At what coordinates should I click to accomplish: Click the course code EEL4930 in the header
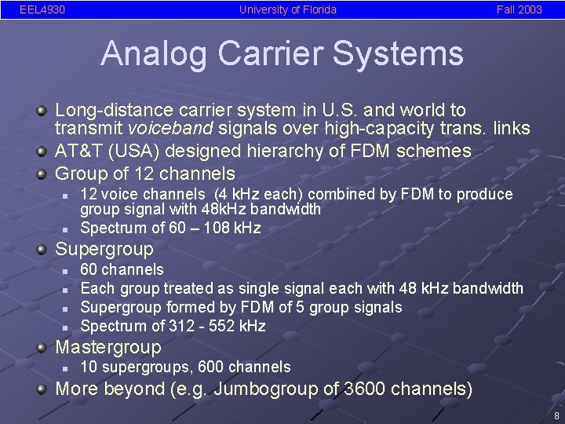[42, 10]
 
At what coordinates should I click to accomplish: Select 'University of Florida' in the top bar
[288, 10]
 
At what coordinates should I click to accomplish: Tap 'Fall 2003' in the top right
[519, 10]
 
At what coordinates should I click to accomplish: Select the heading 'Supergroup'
[104, 250]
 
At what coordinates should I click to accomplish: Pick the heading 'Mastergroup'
[108, 348]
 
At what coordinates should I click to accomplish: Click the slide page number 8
[556, 416]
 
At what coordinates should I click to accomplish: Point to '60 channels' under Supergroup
[122, 270]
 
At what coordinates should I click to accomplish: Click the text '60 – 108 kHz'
[210, 228]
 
